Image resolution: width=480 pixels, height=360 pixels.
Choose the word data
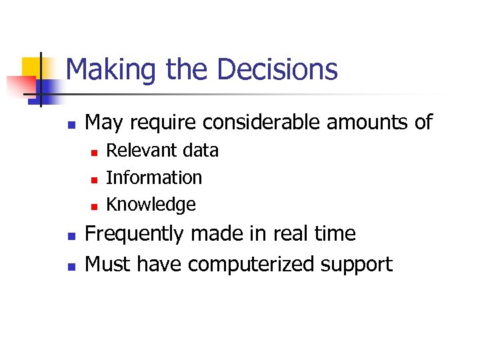coord(201,151)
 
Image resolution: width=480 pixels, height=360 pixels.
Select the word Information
coord(154,177)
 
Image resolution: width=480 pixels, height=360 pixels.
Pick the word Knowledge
coord(151,204)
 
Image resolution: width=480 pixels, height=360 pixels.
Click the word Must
coord(108,264)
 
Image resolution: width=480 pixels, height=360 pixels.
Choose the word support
coord(357,265)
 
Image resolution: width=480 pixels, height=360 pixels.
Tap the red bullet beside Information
coord(94,179)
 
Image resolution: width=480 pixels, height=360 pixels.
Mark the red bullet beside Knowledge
coord(94,205)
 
